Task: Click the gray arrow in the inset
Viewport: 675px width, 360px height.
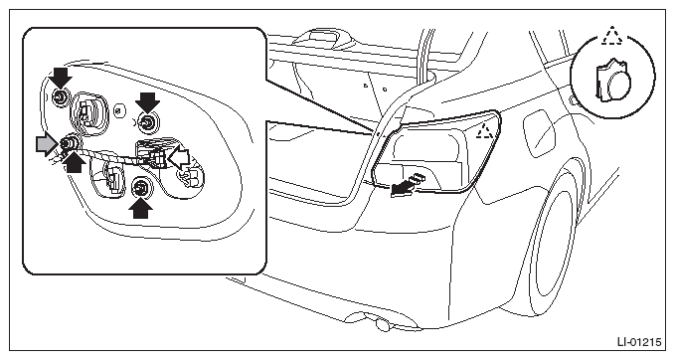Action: [47, 144]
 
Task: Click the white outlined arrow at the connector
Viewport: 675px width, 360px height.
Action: [178, 158]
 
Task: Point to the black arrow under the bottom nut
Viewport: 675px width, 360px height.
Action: [140, 208]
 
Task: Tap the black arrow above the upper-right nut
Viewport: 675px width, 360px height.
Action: [147, 102]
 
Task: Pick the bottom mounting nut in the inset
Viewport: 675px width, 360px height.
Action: [140, 187]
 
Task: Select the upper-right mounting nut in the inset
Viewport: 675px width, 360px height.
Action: [148, 122]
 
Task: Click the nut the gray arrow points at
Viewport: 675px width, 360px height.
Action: [68, 142]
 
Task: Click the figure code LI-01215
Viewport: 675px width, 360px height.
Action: [639, 342]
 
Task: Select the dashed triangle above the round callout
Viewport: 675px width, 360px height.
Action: [612, 36]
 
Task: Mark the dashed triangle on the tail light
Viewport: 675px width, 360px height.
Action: [485, 130]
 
